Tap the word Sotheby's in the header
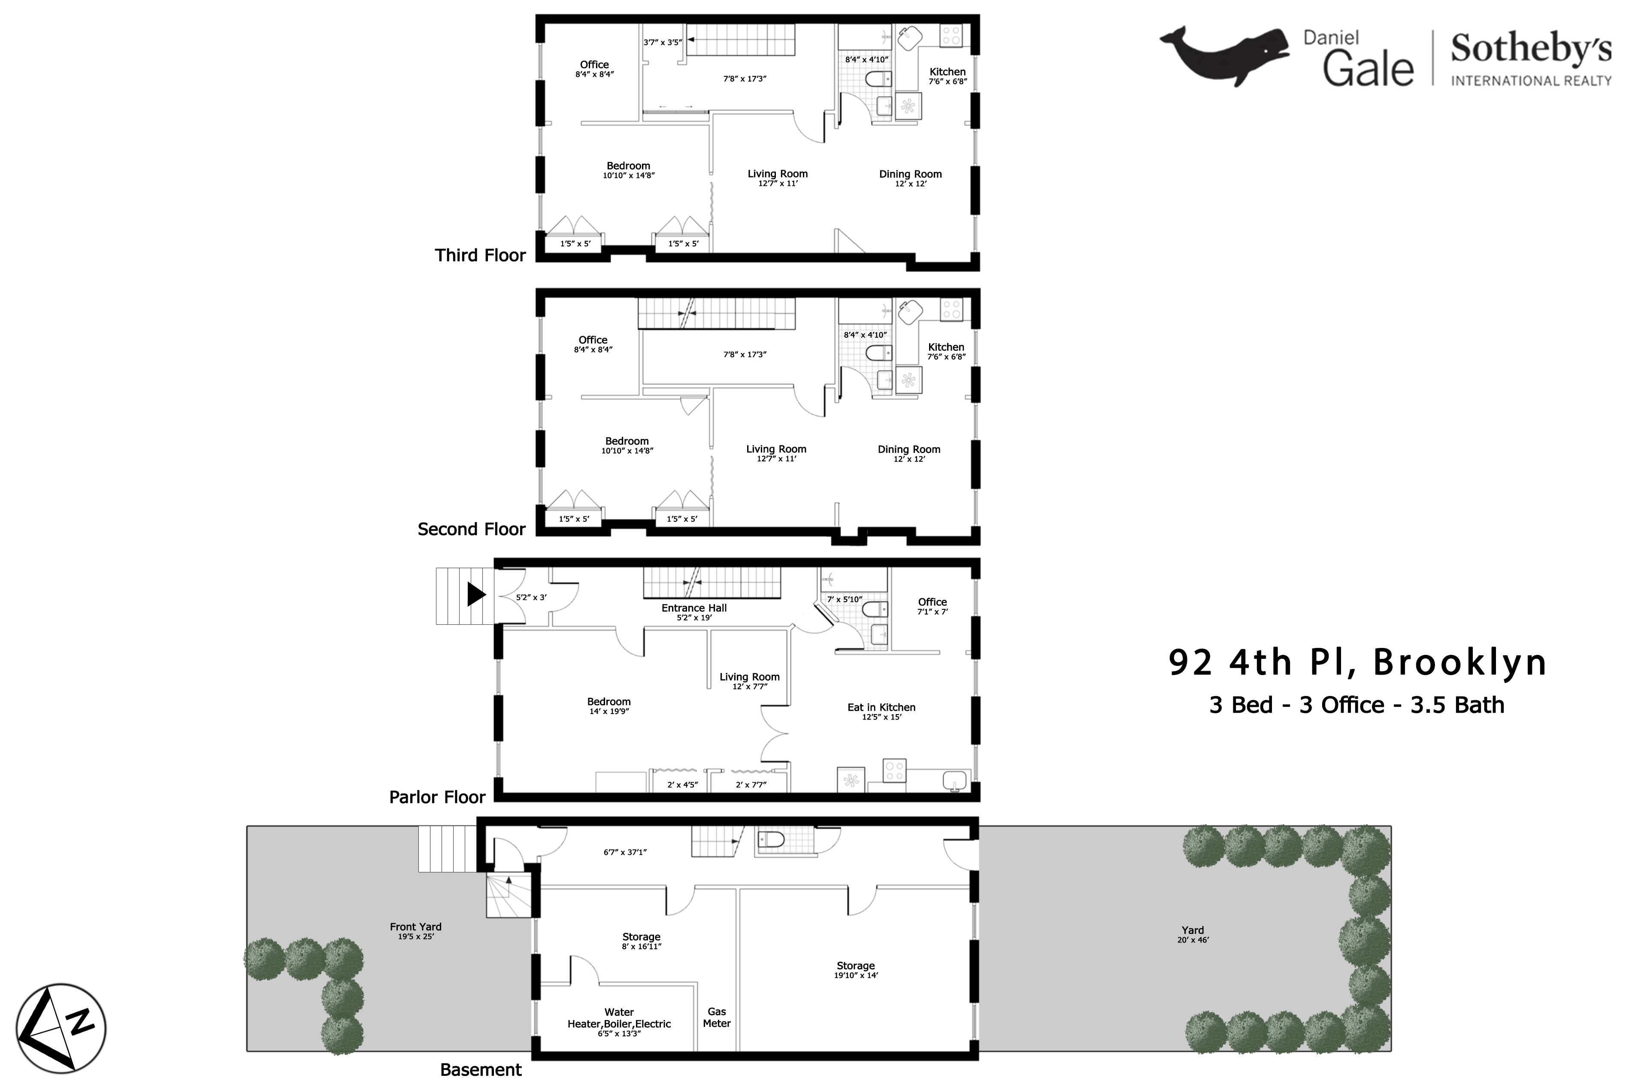point(1531,48)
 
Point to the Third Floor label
point(480,255)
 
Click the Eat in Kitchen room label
point(881,707)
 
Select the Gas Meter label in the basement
point(717,1018)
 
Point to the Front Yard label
point(416,926)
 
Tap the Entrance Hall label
point(694,608)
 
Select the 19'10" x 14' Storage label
point(856,970)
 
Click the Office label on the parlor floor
point(932,602)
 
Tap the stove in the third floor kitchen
point(951,36)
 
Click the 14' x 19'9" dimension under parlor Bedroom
point(609,711)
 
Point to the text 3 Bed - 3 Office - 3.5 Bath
point(1357,705)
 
